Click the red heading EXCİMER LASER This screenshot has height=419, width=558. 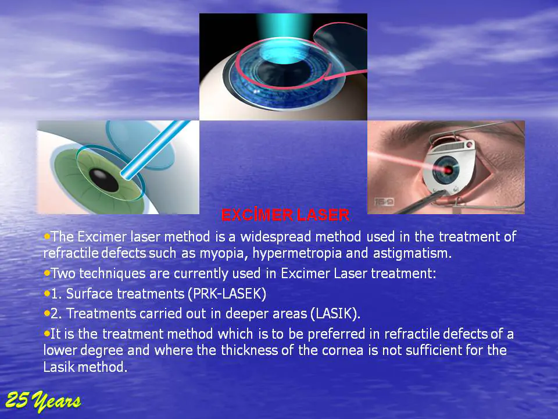[x=285, y=215]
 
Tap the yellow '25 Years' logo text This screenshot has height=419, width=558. [x=43, y=401]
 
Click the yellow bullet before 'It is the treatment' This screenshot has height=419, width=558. [x=46, y=334]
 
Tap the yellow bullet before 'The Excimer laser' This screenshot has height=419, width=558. [x=46, y=236]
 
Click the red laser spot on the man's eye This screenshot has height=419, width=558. [x=448, y=171]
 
